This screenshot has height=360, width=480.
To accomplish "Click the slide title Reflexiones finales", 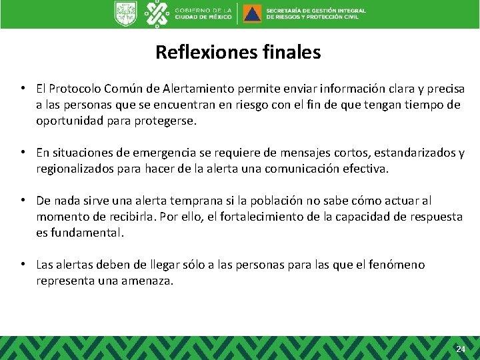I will tap(238, 52).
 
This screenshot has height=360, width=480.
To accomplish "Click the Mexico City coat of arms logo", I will tap(125, 13).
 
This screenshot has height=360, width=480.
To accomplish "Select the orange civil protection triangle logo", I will tap(252, 13).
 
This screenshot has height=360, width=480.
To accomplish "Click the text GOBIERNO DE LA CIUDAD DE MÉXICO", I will tap(203, 13).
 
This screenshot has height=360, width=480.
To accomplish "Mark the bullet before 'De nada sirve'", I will tap(23, 201).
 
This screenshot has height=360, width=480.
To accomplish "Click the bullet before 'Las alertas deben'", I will tap(23, 265).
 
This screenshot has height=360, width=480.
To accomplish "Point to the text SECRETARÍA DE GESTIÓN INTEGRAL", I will tap(315, 10).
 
